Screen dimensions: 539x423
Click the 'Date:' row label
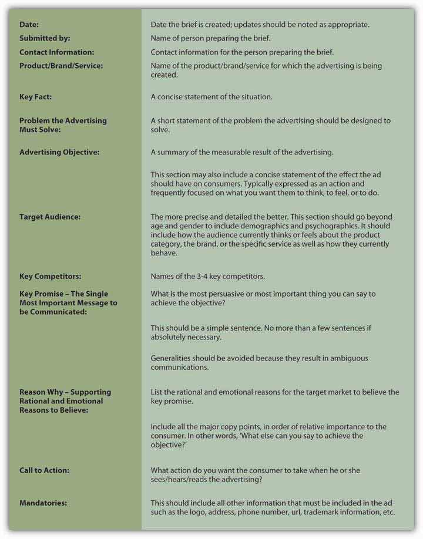point(29,24)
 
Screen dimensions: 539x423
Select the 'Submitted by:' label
point(45,38)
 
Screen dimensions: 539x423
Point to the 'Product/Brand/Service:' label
point(61,66)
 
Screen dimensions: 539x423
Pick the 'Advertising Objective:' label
point(59,152)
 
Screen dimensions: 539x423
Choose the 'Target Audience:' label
point(50,217)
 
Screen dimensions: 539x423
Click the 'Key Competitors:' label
point(50,275)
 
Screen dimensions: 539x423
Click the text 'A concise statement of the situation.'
point(211,97)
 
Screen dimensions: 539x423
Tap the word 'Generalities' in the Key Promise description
point(172,358)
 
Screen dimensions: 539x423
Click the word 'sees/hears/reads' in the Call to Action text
point(178,480)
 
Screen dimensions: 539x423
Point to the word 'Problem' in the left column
point(34,120)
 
